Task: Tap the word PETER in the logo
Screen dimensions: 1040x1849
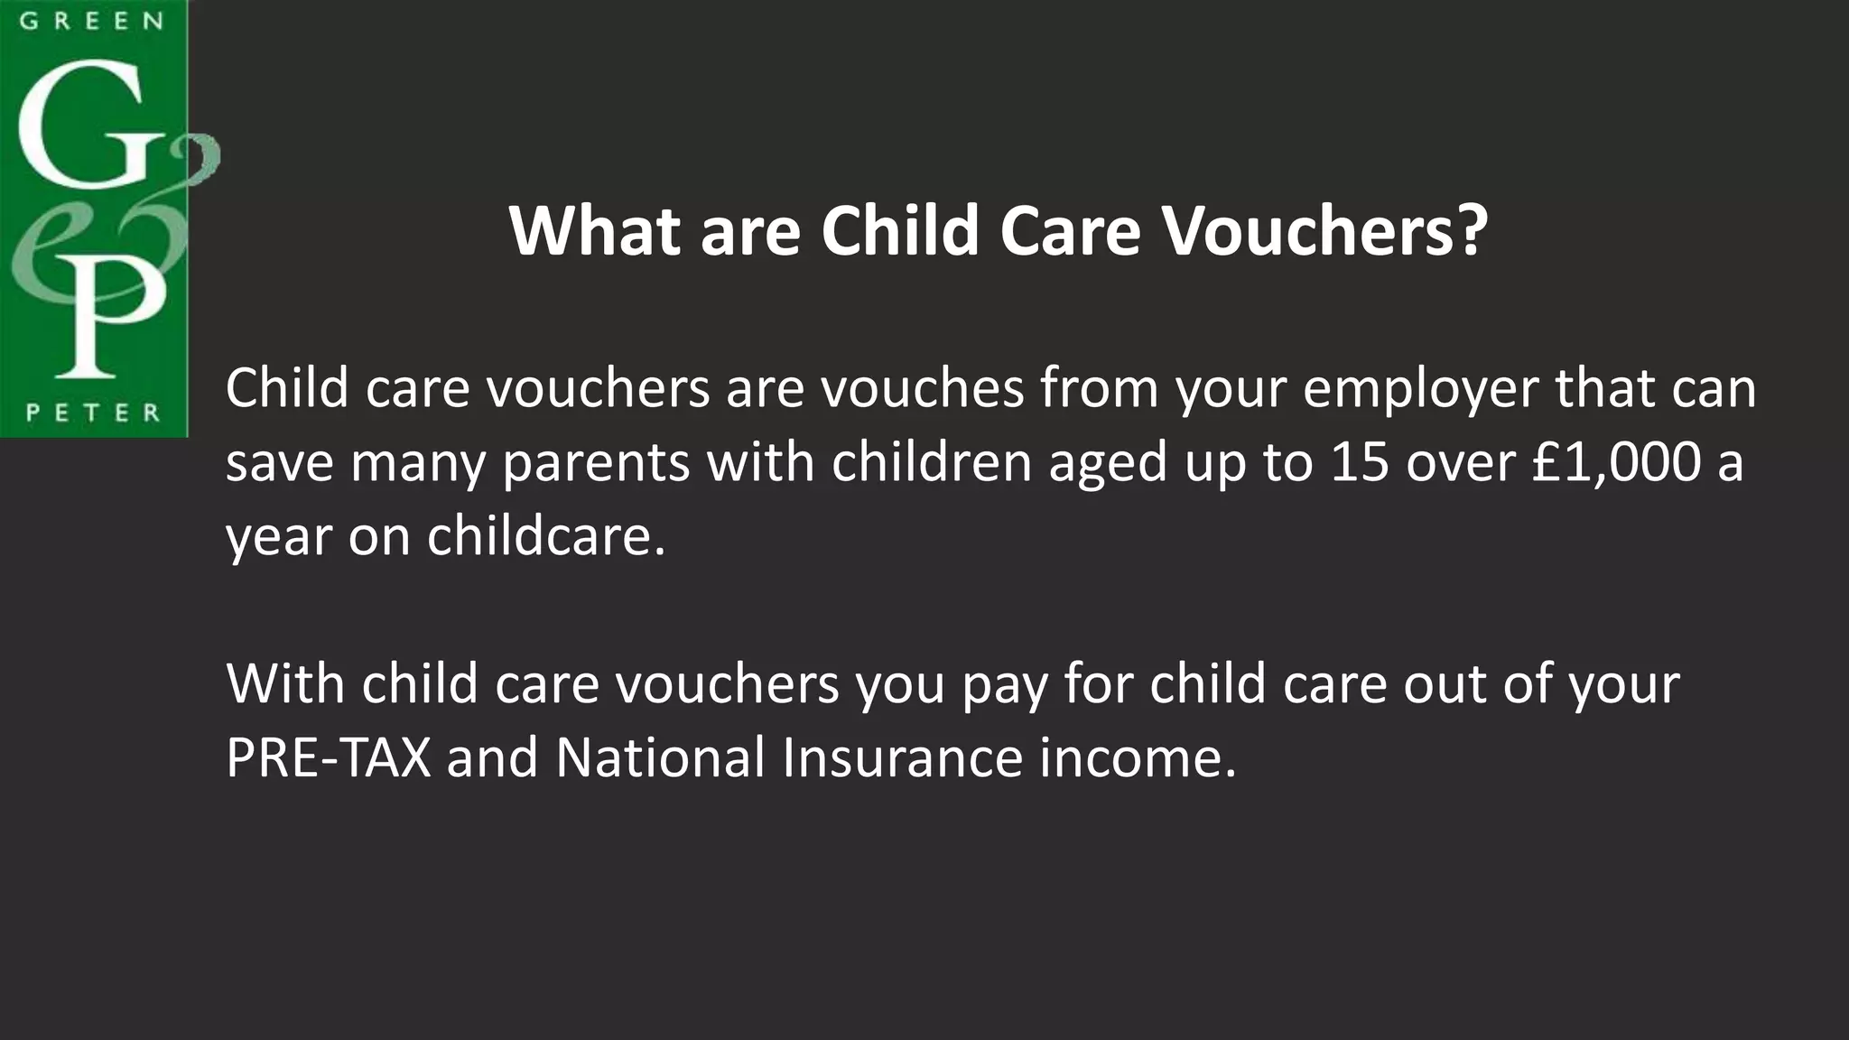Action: point(93,413)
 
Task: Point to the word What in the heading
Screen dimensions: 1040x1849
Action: point(594,231)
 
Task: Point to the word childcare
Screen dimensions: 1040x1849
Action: point(545,536)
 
